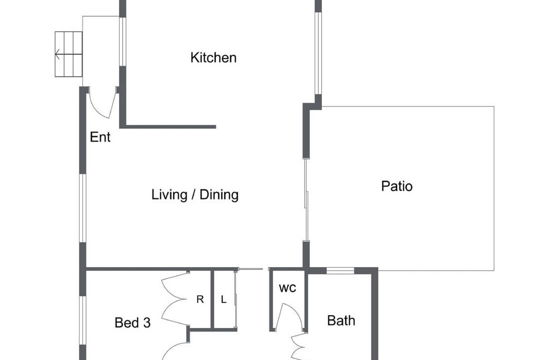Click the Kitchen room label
click(x=213, y=57)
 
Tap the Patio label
click(x=397, y=186)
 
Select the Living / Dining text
click(x=195, y=194)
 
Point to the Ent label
click(x=100, y=137)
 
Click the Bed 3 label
click(x=133, y=322)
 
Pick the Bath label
click(x=341, y=320)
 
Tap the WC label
click(x=287, y=288)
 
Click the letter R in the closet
click(x=200, y=299)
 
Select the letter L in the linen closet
click(x=223, y=299)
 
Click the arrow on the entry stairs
click(x=69, y=54)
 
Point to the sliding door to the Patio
click(x=306, y=199)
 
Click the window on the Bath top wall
click(x=340, y=271)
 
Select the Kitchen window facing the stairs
click(x=123, y=41)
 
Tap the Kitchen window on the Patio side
click(x=318, y=53)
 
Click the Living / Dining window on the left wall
click(x=83, y=208)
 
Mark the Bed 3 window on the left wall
click(x=83, y=320)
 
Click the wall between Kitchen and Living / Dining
click(x=168, y=127)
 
